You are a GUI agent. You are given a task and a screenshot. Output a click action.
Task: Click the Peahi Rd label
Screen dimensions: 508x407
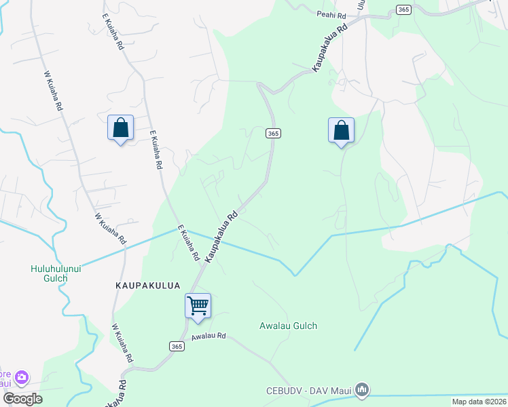pos(331,14)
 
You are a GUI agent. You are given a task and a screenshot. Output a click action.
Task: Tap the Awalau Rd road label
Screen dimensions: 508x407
pos(208,337)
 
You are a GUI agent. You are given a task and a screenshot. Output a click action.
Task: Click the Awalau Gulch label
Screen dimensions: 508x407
pos(288,326)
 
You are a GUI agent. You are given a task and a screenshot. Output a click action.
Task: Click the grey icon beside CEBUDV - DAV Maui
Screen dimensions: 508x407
pos(362,389)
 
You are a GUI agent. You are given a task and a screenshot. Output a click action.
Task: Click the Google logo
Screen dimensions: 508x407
pos(22,399)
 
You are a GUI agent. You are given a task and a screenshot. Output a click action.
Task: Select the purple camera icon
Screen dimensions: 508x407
pos(22,376)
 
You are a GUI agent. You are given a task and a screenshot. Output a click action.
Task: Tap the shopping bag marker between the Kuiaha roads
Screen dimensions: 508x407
pos(120,128)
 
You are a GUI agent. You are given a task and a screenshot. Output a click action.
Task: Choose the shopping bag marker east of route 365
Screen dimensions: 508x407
pos(341,130)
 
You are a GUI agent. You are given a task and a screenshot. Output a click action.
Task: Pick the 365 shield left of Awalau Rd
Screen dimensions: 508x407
pos(176,347)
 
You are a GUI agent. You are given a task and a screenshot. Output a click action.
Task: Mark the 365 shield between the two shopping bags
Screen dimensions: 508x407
pos(272,134)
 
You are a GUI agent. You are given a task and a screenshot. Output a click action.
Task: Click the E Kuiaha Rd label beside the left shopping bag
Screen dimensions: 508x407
pos(155,151)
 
